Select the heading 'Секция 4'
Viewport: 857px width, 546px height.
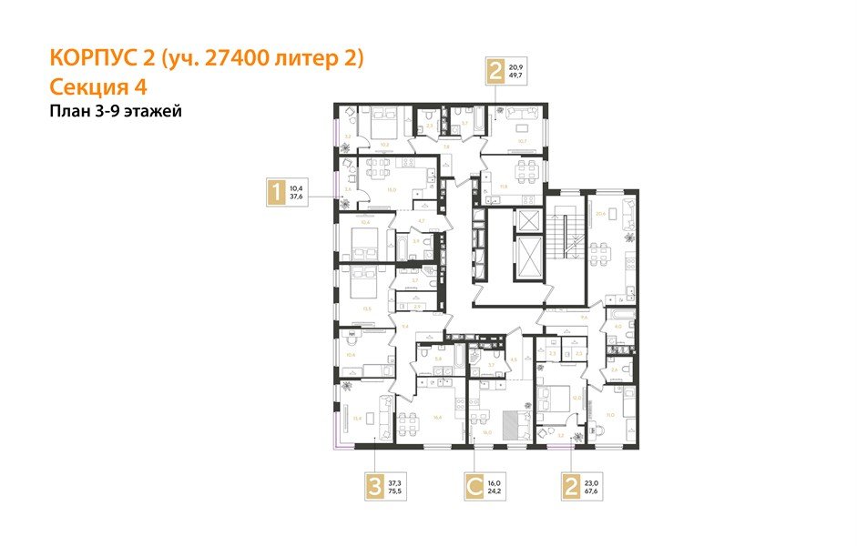(97, 86)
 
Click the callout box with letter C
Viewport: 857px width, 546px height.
(474, 487)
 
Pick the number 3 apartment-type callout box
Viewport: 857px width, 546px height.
(371, 487)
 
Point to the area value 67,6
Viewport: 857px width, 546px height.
(591, 492)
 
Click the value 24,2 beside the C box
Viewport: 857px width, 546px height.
(495, 492)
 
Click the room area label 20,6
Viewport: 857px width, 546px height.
(599, 213)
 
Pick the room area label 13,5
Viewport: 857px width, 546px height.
(367, 309)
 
